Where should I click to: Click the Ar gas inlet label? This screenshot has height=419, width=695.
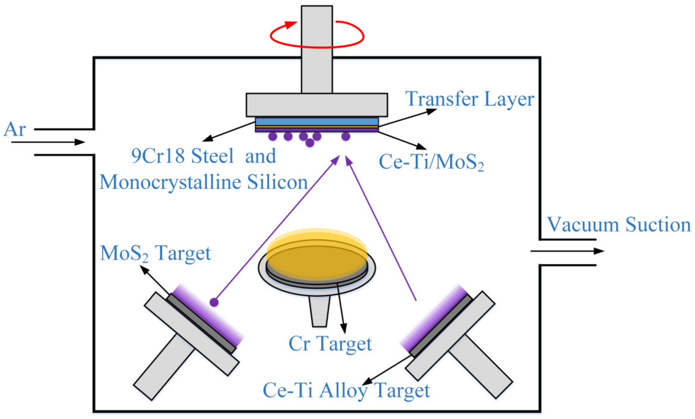[15, 129]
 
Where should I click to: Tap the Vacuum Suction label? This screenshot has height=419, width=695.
[619, 224]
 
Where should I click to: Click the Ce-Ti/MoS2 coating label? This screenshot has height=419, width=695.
[431, 162]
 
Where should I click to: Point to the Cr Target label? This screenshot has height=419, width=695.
[330, 344]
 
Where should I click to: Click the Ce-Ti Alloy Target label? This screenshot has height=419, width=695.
[346, 390]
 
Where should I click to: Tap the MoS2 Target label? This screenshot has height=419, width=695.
[155, 253]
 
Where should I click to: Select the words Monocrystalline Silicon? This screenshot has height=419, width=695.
[204, 182]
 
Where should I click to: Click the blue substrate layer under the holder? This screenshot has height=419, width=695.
[317, 121]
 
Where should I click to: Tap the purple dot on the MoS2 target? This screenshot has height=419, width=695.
[214, 302]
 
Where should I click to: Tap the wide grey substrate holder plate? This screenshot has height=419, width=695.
[317, 105]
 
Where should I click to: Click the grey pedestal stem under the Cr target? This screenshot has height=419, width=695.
[319, 311]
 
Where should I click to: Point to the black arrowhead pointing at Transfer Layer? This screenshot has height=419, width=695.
[432, 111]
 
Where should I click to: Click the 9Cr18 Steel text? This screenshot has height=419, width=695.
[182, 156]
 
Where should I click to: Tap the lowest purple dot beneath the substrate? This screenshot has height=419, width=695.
[310, 143]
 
